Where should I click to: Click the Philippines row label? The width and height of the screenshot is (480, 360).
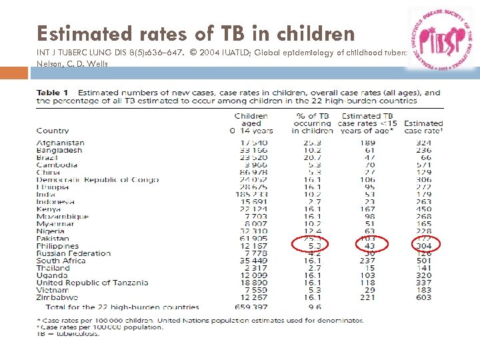(57, 246)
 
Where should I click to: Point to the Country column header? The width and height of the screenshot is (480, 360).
(53, 131)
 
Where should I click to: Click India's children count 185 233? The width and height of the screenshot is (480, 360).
(255, 195)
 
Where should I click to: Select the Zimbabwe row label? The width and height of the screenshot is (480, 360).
(58, 297)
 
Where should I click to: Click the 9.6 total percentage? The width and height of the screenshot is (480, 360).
(315, 307)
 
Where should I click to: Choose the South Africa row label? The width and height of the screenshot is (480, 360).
(61, 261)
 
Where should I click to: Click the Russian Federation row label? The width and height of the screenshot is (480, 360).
(73, 253)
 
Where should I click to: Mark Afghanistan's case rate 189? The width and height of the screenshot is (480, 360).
(367, 143)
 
